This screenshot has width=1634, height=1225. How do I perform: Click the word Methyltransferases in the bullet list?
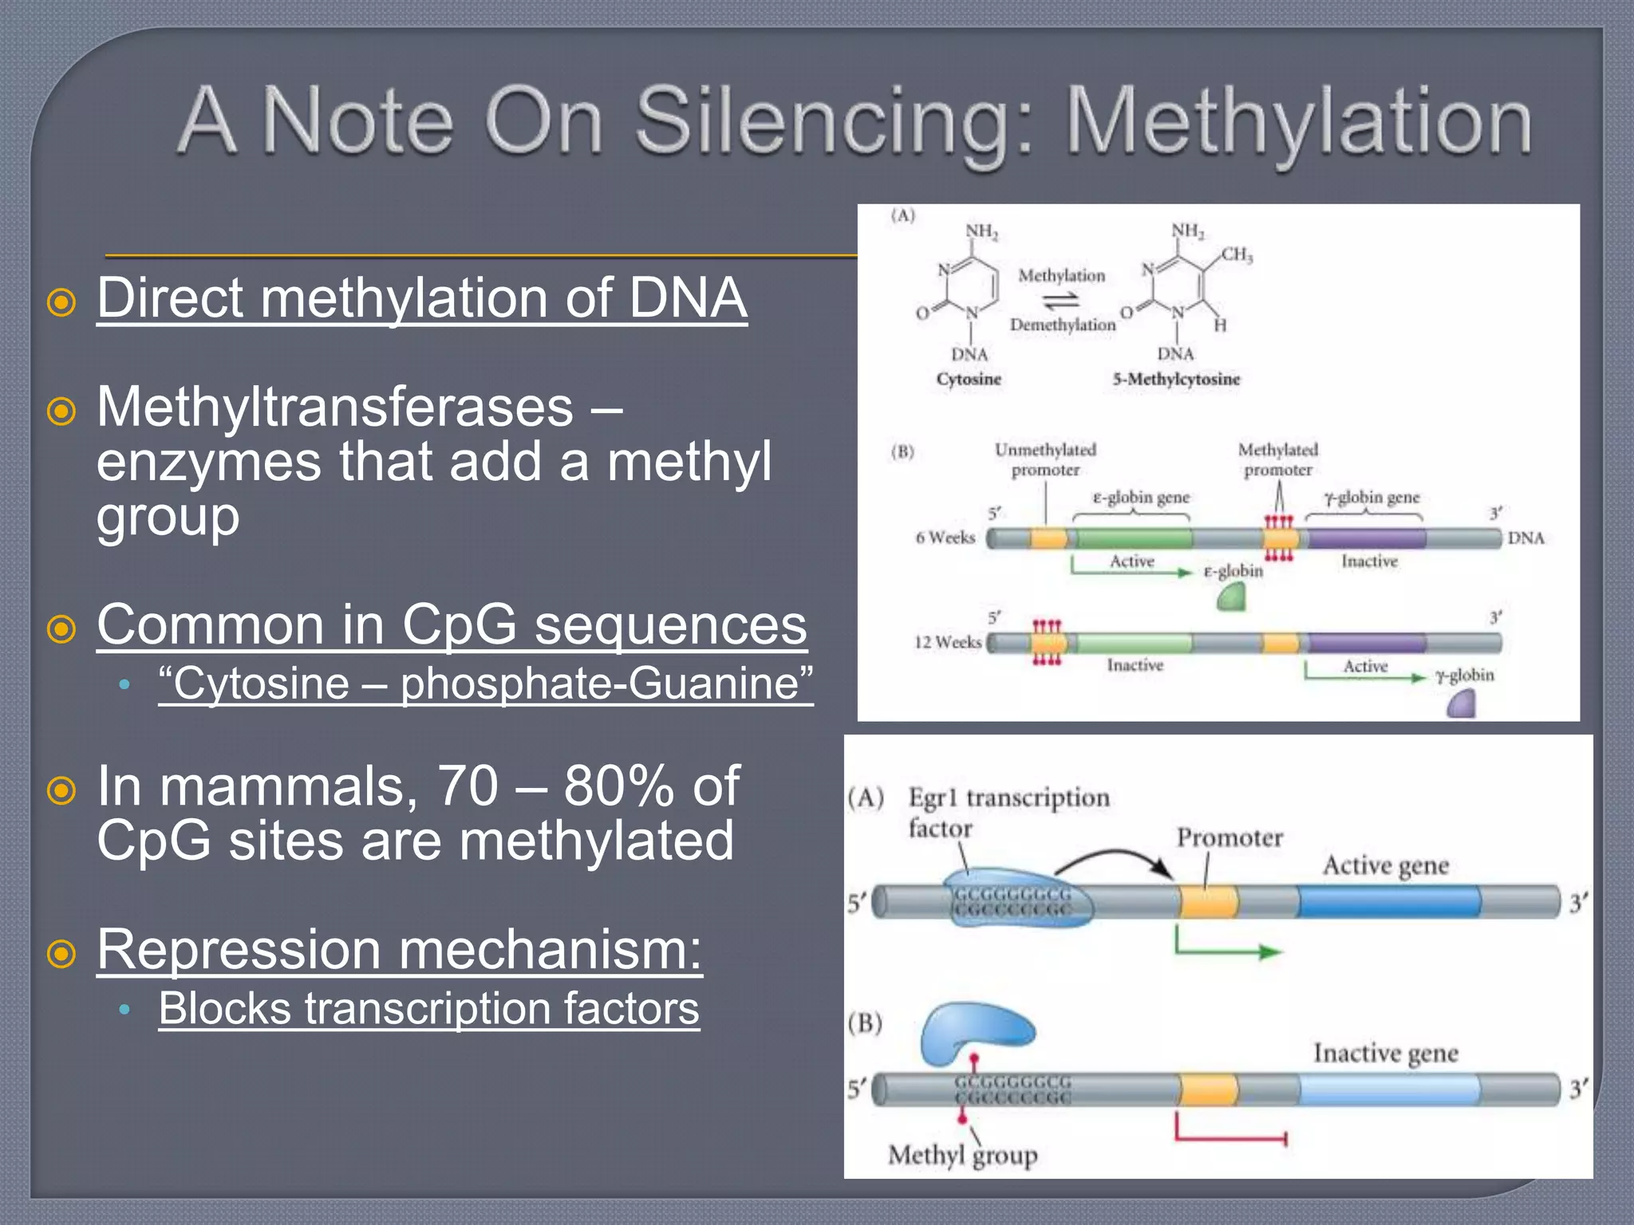334,408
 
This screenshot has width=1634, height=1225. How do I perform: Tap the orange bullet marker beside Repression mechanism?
61,953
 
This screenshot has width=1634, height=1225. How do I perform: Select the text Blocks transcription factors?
428,1009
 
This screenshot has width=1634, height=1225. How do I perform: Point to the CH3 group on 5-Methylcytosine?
1236,255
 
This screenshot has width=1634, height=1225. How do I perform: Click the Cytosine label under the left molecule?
968,379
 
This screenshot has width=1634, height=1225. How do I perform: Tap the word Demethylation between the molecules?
1062,325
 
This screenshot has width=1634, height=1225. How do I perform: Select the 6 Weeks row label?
945,538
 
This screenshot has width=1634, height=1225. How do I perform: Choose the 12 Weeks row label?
947,642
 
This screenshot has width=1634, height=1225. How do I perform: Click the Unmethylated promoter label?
1045,459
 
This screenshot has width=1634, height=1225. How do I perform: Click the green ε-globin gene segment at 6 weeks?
1133,538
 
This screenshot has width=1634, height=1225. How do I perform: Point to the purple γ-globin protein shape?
1462,704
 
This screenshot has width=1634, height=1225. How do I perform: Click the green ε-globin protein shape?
1232,597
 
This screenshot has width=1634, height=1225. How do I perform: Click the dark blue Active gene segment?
1388,901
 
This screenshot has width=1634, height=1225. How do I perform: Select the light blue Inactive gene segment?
1388,1089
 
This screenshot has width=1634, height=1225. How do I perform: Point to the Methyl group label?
962,1154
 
